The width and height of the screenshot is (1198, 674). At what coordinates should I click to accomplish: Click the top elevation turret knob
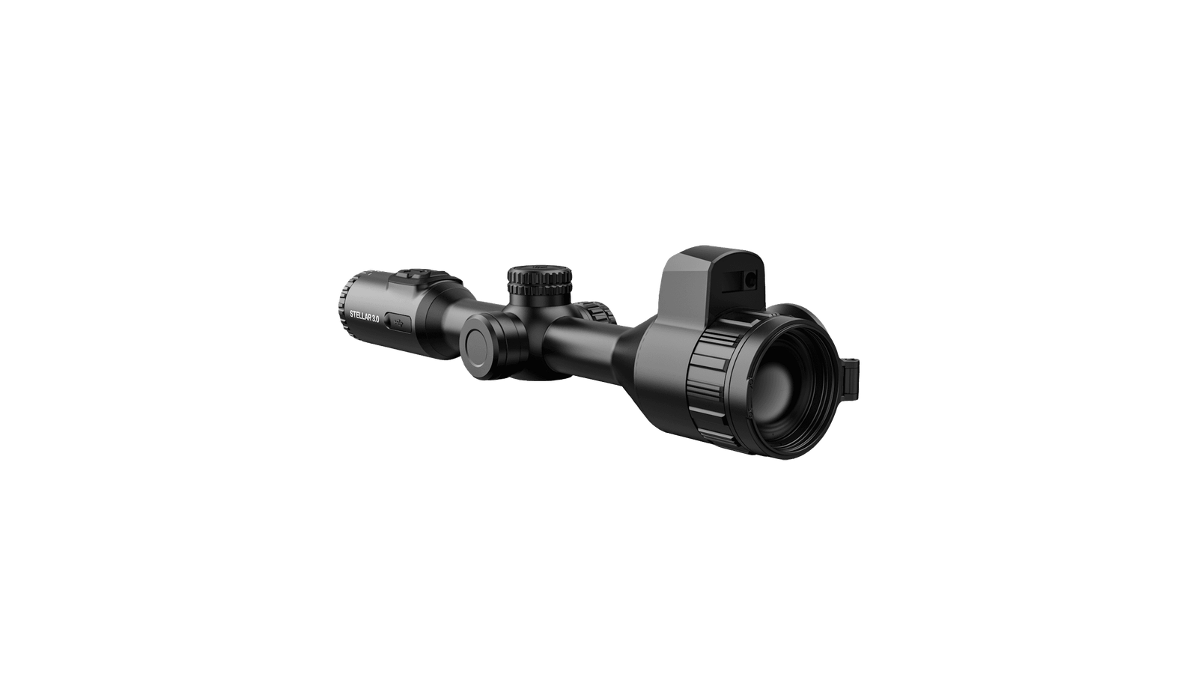click(540, 279)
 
